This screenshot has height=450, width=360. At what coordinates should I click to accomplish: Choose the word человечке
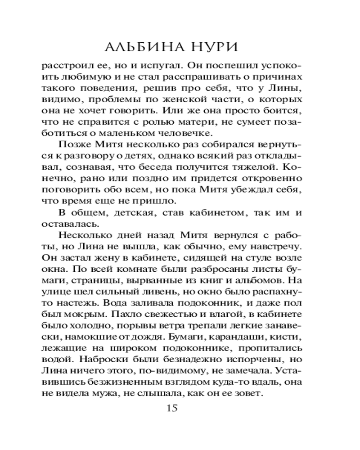tap(176, 134)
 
